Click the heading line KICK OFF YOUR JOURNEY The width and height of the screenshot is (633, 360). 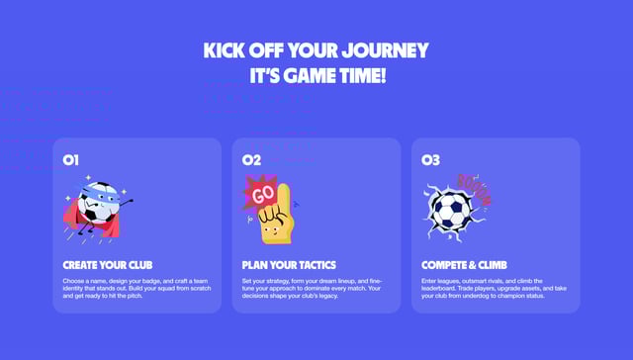click(316, 50)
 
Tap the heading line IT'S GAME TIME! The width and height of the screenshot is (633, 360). click(316, 75)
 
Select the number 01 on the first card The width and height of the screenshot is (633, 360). click(70, 158)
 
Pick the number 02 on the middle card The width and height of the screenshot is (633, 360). click(251, 158)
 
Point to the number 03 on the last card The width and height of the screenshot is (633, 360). click(430, 158)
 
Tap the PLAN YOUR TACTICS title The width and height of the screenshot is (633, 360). click(289, 265)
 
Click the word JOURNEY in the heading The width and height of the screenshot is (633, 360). click(390, 50)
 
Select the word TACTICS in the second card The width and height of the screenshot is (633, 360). click(313, 265)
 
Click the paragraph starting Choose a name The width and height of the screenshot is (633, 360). click(135, 289)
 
